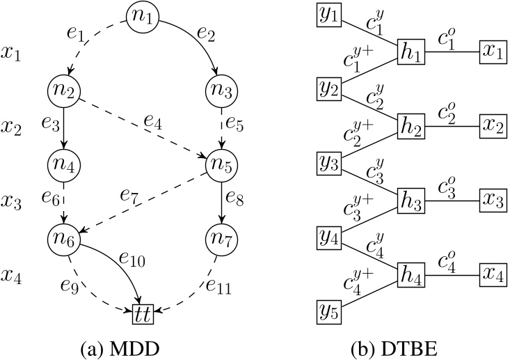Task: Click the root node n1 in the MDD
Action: pos(143,17)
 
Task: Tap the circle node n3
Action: pos(221,89)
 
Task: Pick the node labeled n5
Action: pos(221,164)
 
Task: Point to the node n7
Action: pos(221,240)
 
